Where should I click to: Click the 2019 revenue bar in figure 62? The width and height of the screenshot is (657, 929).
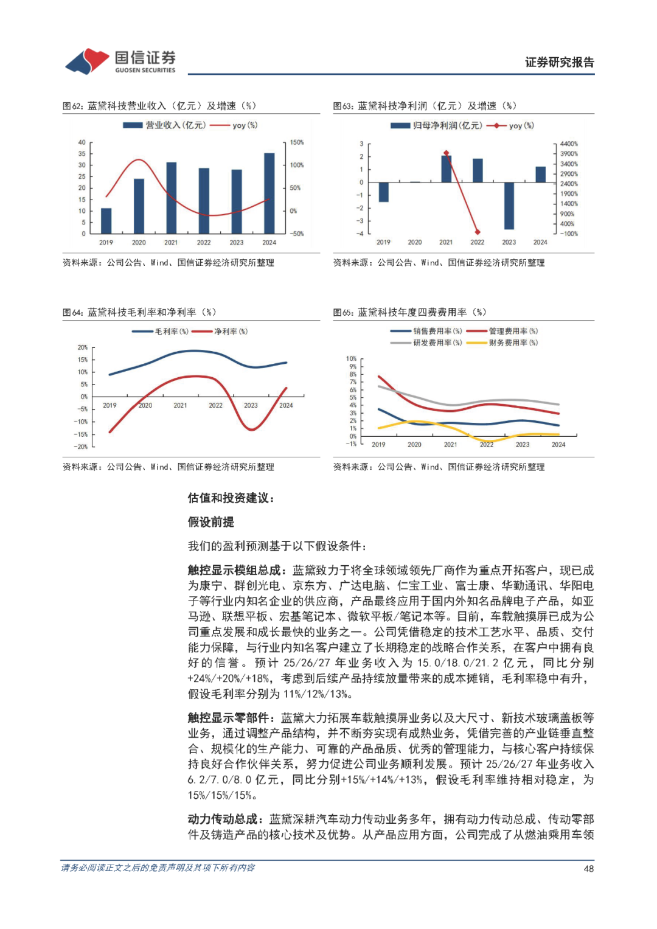[106, 221]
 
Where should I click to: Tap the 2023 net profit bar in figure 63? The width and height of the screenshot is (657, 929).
[509, 206]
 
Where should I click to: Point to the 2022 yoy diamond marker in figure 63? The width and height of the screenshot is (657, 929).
[478, 232]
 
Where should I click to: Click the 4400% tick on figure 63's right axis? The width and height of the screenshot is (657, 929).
[569, 144]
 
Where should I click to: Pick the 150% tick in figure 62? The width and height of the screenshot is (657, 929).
[297, 142]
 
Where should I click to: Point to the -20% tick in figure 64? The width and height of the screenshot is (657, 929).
[81, 447]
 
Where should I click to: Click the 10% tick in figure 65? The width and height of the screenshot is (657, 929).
[351, 359]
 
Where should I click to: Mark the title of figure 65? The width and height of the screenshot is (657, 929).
[409, 312]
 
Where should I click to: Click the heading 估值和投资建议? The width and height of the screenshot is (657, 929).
[231, 498]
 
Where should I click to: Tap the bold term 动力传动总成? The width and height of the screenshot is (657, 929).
[224, 819]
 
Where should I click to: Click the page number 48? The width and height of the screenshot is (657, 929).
[588, 869]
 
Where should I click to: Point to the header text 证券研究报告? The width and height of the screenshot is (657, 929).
[559, 62]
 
